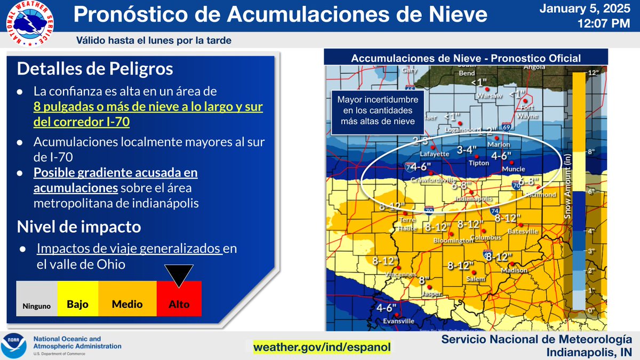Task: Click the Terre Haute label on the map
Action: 406,225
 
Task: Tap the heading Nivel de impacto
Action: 79,227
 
